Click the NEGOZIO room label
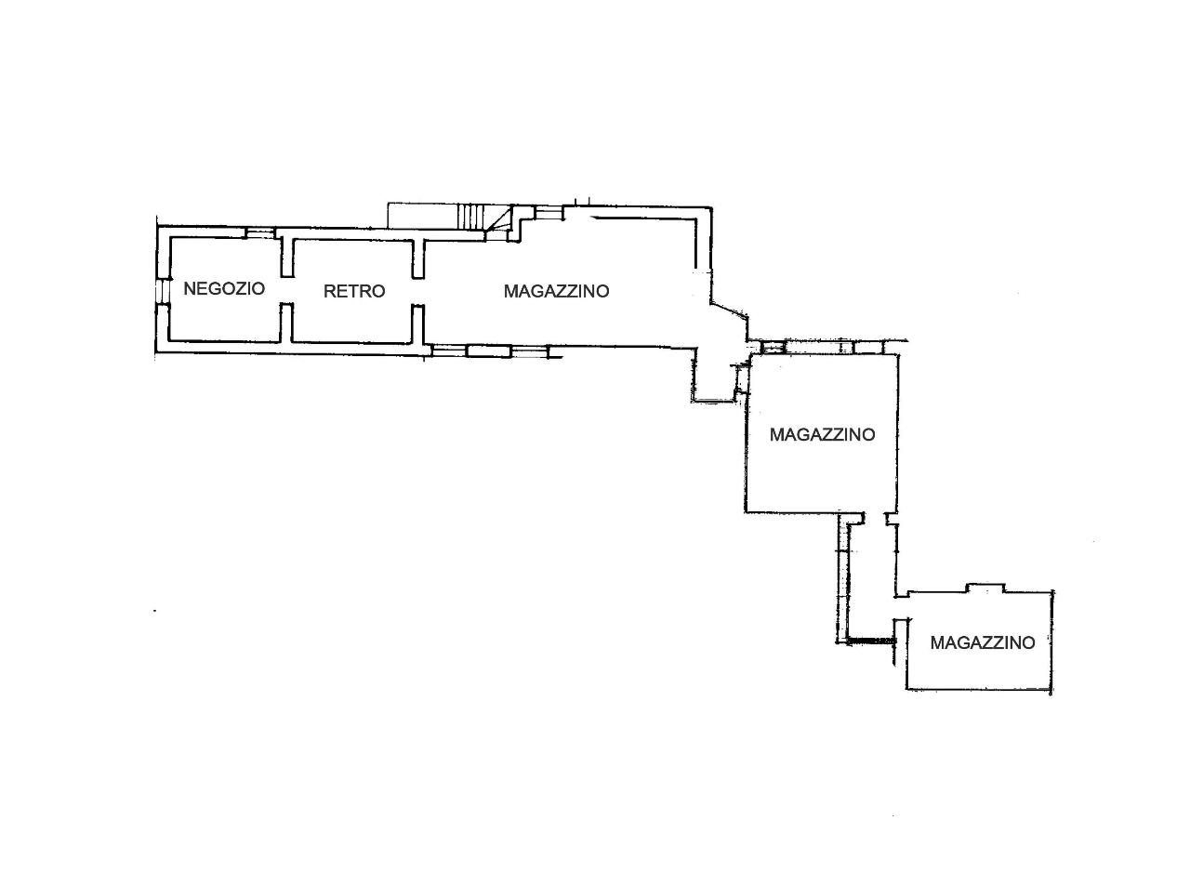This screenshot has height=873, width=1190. tap(224, 288)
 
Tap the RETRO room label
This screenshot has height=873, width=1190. tap(354, 291)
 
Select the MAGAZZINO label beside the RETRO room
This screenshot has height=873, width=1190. tap(556, 291)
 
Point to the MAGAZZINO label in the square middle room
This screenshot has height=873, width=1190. tap(823, 434)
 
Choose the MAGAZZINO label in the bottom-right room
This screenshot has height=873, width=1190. tap(983, 643)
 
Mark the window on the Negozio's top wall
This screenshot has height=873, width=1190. tap(260, 233)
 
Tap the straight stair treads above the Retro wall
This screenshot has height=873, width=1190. tap(470, 217)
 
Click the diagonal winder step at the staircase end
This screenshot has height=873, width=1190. tap(498, 220)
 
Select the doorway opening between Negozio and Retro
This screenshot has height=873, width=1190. tap(287, 290)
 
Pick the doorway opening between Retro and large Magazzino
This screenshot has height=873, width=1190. tap(419, 291)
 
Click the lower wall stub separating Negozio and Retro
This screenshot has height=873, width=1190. tap(287, 323)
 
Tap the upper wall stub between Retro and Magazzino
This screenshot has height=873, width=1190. tap(419, 258)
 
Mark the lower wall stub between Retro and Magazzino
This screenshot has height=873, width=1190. tap(419, 324)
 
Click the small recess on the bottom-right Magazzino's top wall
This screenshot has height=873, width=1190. tap(985, 589)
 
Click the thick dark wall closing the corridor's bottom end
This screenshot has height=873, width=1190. tap(870, 642)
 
